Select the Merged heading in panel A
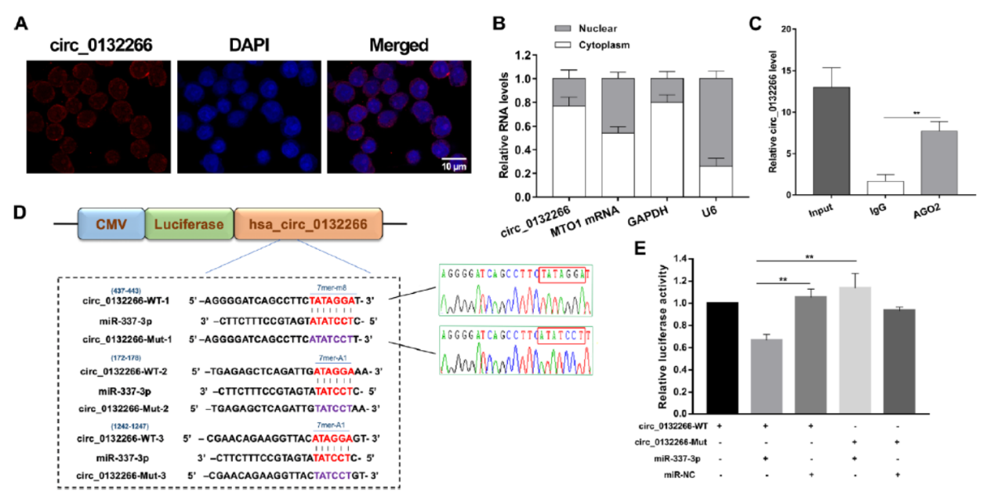(398, 45)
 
